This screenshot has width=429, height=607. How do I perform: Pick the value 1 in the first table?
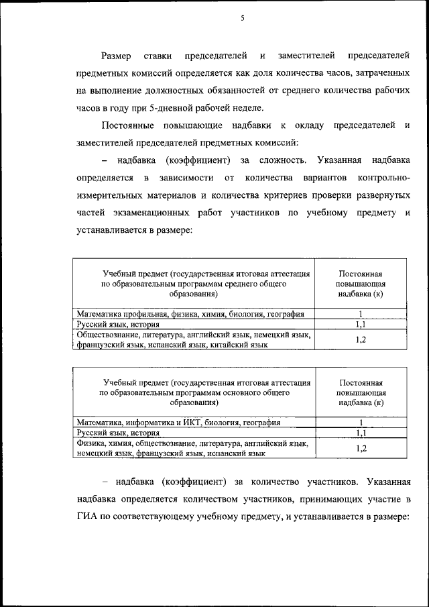[x=361, y=314]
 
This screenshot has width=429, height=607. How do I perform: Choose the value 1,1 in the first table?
[x=361, y=324]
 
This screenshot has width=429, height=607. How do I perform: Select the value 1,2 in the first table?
[x=361, y=339]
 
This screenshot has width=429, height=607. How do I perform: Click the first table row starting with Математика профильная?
[x=190, y=314]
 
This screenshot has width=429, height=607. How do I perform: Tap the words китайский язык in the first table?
[x=238, y=345]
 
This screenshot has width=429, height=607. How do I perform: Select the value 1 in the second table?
[x=361, y=423]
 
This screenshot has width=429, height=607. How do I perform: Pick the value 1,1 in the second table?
[x=361, y=433]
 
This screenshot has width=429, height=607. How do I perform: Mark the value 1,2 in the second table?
[x=361, y=448]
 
